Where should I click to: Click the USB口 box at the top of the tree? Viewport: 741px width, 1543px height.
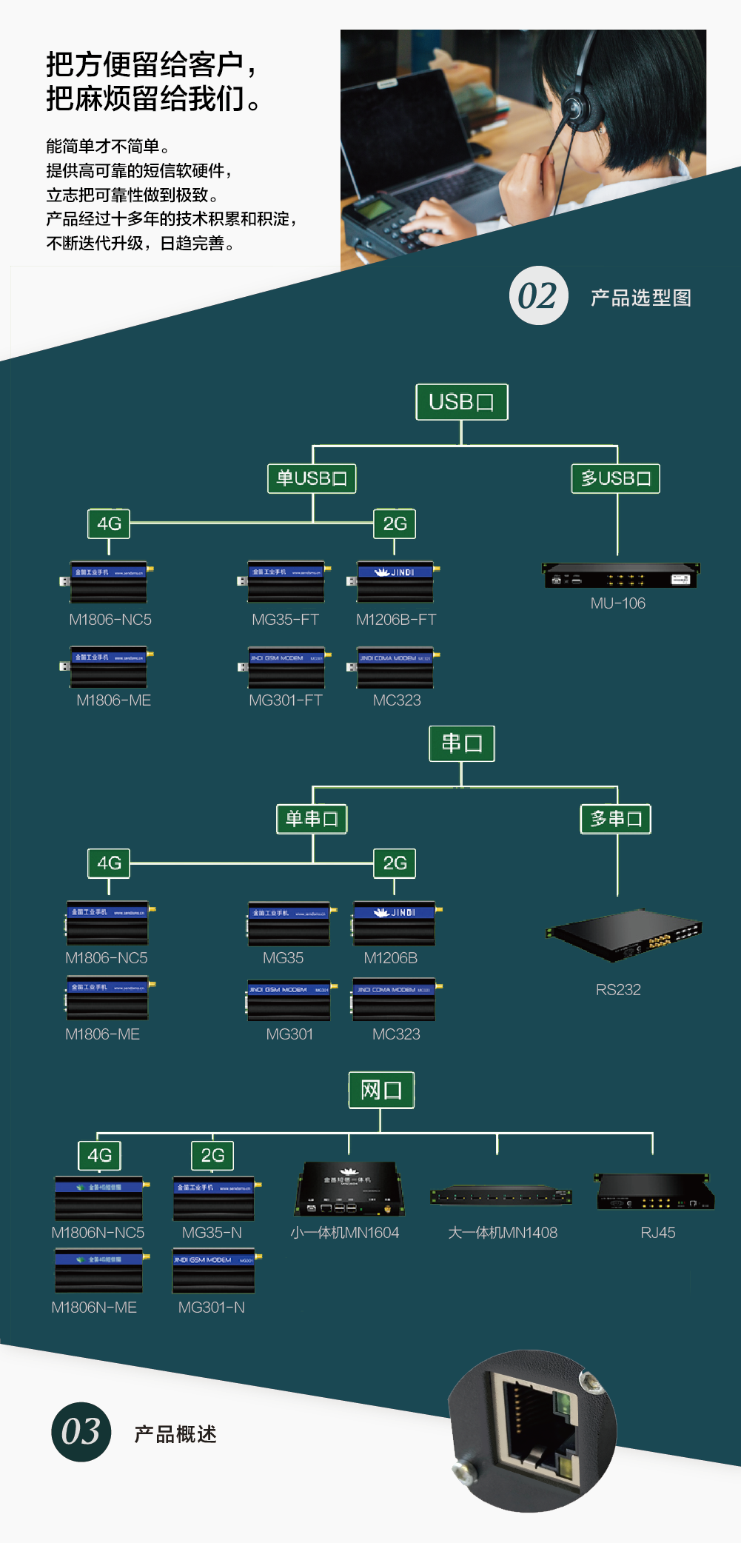pos(461,402)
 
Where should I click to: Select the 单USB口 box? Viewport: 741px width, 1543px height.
pos(312,478)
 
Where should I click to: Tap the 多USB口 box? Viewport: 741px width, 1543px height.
pos(615,478)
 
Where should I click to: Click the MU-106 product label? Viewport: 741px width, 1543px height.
pos(617,603)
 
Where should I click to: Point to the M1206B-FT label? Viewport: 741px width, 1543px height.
pos(396,620)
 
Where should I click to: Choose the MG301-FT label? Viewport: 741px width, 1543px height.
pos(286,700)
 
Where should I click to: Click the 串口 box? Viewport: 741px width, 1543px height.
pos(461,743)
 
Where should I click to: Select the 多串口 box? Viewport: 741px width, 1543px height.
pos(615,819)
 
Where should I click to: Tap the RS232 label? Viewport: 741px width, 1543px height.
pos(618,990)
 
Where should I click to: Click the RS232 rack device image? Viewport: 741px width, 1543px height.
pos(623,934)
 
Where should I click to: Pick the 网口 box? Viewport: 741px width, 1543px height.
pos(381,1090)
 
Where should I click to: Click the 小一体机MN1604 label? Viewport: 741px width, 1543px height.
pos(345,1233)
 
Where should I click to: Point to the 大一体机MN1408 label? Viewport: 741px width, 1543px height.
pos(503,1233)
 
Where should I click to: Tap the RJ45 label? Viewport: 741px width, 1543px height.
pos(657,1233)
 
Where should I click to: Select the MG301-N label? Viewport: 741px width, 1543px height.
pos(211,1308)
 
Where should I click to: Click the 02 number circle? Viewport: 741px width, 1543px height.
pos(538,296)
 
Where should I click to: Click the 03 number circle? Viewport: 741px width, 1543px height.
pos(81,1432)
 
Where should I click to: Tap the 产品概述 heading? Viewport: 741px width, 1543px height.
pos(175,1434)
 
